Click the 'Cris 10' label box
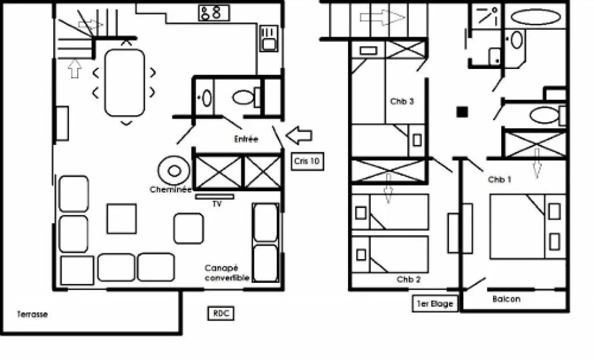click(307, 161)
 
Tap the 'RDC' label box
click(221, 314)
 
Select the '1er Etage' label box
click(435, 304)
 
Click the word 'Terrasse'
click(32, 314)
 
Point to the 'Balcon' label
click(506, 299)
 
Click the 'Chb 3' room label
click(402, 101)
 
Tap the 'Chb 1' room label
click(499, 180)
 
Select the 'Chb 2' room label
click(408, 280)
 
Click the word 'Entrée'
click(246, 139)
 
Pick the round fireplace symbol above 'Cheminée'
click(174, 171)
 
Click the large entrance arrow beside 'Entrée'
click(299, 135)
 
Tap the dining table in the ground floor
click(125, 82)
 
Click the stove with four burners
click(214, 13)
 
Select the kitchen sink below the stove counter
click(269, 38)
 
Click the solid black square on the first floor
click(462, 112)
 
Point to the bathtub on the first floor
click(535, 17)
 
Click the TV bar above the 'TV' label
click(215, 197)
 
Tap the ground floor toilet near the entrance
click(247, 97)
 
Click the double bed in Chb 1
click(528, 227)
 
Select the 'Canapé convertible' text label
click(227, 273)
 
